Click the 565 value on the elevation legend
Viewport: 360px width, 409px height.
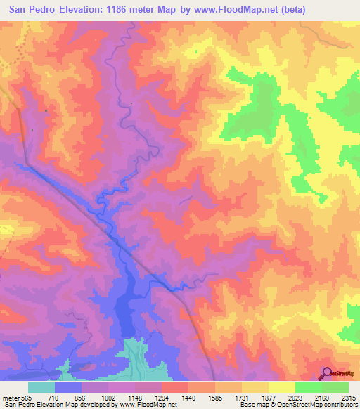pyautogui.click(x=23, y=397)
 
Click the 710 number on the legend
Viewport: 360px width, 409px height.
pyautogui.click(x=54, y=397)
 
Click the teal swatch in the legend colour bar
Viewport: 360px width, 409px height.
pyautogui.click(x=41, y=387)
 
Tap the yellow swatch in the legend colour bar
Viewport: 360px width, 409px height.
pyautogui.click(x=281, y=387)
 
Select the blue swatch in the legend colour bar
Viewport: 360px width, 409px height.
pyautogui.click(x=68, y=387)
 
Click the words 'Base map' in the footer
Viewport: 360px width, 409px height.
pyautogui.click(x=254, y=405)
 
